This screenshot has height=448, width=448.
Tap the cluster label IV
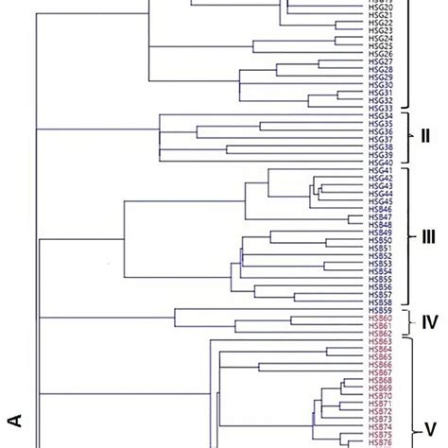click(426, 347)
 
